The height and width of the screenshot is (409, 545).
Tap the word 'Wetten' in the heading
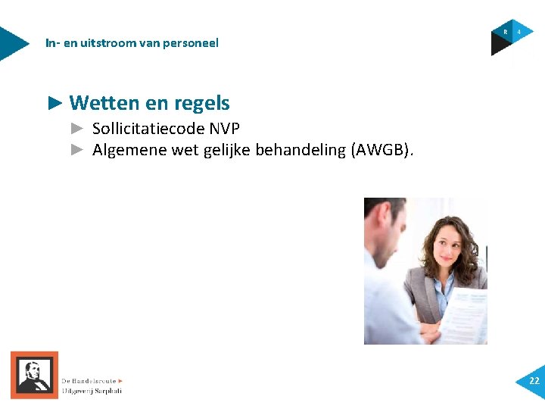100,103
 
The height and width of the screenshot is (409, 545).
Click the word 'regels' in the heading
201,103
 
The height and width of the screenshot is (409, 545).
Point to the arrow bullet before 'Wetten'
55,102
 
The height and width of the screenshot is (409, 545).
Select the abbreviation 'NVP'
225,129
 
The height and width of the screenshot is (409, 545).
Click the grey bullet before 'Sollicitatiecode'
76,129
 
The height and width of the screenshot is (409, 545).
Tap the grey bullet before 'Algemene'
76,150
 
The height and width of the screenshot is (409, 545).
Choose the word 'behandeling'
300,150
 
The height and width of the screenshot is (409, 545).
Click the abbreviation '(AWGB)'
381,150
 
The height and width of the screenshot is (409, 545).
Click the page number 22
534,381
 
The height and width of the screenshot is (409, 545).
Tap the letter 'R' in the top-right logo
506,32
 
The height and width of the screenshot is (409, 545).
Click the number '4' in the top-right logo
519,32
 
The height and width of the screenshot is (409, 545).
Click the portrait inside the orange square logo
34,375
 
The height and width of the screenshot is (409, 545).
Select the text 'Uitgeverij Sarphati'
92,391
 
